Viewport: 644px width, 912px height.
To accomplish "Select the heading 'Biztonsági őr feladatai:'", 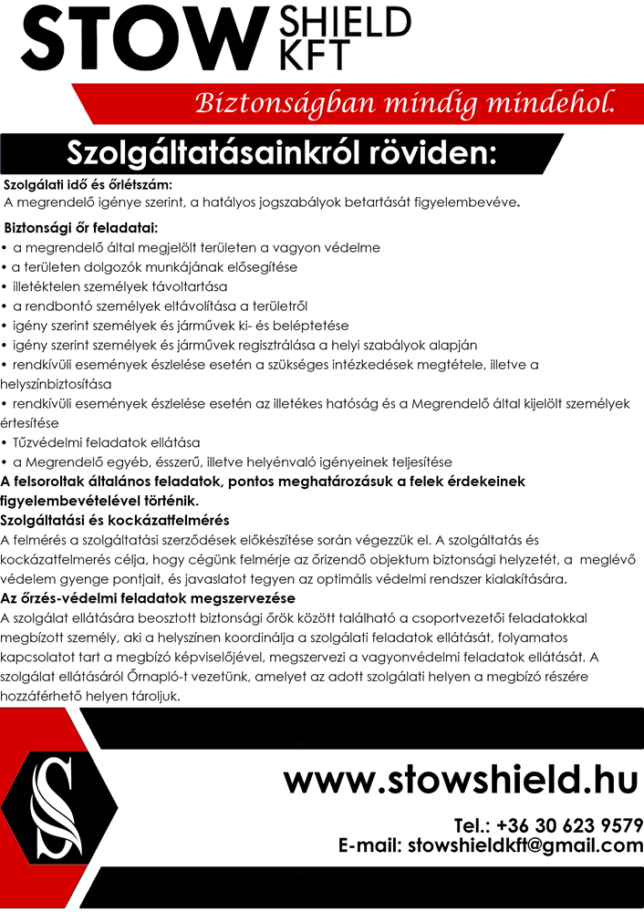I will tap(81, 227).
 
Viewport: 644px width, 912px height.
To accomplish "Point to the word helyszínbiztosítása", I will tap(56, 383).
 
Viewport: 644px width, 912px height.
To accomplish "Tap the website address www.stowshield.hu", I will tap(462, 780).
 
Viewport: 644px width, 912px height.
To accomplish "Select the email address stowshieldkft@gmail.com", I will tap(525, 846).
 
